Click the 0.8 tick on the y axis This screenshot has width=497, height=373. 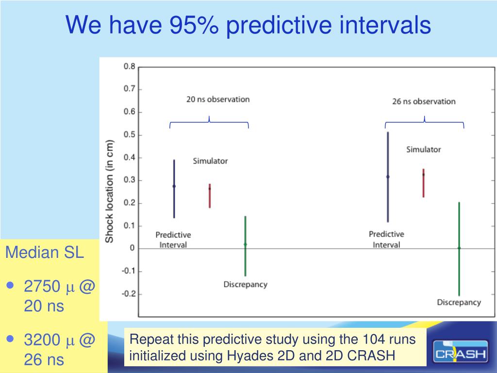coord(129,67)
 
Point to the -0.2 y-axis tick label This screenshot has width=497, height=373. coord(127,294)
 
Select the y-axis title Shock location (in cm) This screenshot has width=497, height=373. coord(110,191)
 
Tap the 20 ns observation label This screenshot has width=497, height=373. coord(218,100)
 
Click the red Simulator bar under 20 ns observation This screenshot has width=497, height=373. coord(210,196)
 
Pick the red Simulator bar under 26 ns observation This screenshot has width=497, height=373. coord(423,183)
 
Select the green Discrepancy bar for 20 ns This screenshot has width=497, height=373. coord(245,245)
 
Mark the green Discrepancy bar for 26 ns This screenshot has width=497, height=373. coord(459,249)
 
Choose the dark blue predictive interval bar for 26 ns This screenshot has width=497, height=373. coord(388,177)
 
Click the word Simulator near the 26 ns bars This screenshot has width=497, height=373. coord(423,150)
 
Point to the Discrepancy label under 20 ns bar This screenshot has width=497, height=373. coord(245,285)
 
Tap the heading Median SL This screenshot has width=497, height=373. coord(44,253)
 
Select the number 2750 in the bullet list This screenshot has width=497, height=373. coord(42,288)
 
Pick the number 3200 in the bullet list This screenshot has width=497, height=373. coord(42,340)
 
